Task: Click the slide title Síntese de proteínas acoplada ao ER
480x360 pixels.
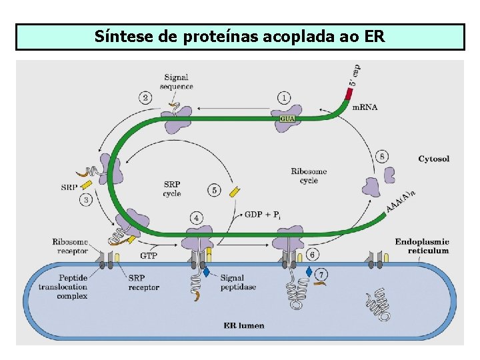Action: pos(239,36)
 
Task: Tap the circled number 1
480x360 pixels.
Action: pos(285,98)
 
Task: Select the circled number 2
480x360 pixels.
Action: pos(146,97)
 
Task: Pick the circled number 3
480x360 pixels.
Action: pos(86,199)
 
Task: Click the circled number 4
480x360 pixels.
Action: pos(197,218)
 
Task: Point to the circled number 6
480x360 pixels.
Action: pos(313,254)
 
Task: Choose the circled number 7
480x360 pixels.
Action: pos(322,274)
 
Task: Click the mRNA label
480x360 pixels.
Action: pos(364,107)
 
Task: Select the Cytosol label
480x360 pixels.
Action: pos(434,159)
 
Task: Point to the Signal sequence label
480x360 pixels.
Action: pos(177,82)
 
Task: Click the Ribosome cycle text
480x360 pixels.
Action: pos(309,176)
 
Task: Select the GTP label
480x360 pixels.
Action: pos(149,255)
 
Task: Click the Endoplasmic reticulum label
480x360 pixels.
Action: pos(422,246)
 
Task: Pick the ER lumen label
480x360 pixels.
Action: pos(243,326)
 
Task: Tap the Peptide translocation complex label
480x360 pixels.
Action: pos(63,287)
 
